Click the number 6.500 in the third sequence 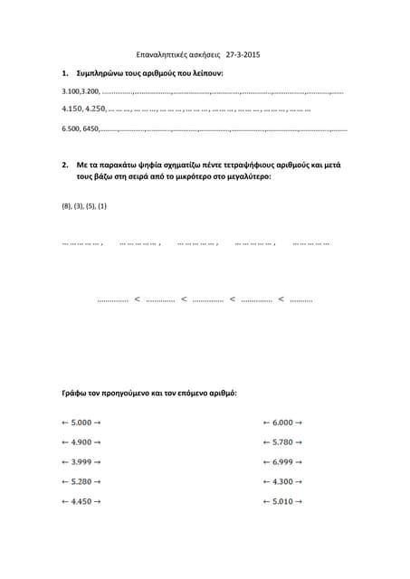coord(70,129)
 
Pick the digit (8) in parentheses coord(66,206)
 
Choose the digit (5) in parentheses coord(91,206)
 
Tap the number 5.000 coord(81,422)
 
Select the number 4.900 coord(81,442)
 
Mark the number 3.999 coord(81,462)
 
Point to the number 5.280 coord(81,481)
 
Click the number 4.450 coord(81,501)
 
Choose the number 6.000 coord(282,422)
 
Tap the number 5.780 coord(282,442)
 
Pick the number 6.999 coord(282,462)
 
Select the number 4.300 coord(282,481)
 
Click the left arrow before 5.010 coord(266,501)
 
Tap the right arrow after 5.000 coord(97,422)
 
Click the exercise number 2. coord(64,166)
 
